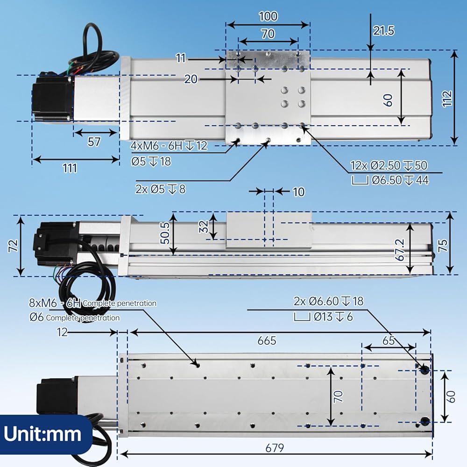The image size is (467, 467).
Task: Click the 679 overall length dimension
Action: coord(275,448)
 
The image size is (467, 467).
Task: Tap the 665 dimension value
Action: coord(267,340)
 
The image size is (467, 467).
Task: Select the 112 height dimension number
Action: coord(447,98)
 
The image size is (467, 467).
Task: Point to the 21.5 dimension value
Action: coord(383,31)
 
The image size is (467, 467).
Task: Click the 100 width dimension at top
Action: coord(268,16)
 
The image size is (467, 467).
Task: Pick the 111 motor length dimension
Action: coord(70,168)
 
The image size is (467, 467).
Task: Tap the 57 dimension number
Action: coord(94,142)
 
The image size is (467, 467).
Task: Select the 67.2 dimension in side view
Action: coord(400,249)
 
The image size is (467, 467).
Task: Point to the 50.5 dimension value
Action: coord(165,233)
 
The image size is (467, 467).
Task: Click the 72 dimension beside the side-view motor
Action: coord(14,246)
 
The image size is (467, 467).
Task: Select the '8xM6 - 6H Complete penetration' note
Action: coord(92,303)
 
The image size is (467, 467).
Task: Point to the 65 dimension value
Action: coord(389,340)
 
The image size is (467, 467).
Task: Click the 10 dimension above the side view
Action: coord(299,192)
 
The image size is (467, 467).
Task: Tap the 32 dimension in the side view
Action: coord(204,226)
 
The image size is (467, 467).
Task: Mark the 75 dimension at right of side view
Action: coord(443,246)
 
